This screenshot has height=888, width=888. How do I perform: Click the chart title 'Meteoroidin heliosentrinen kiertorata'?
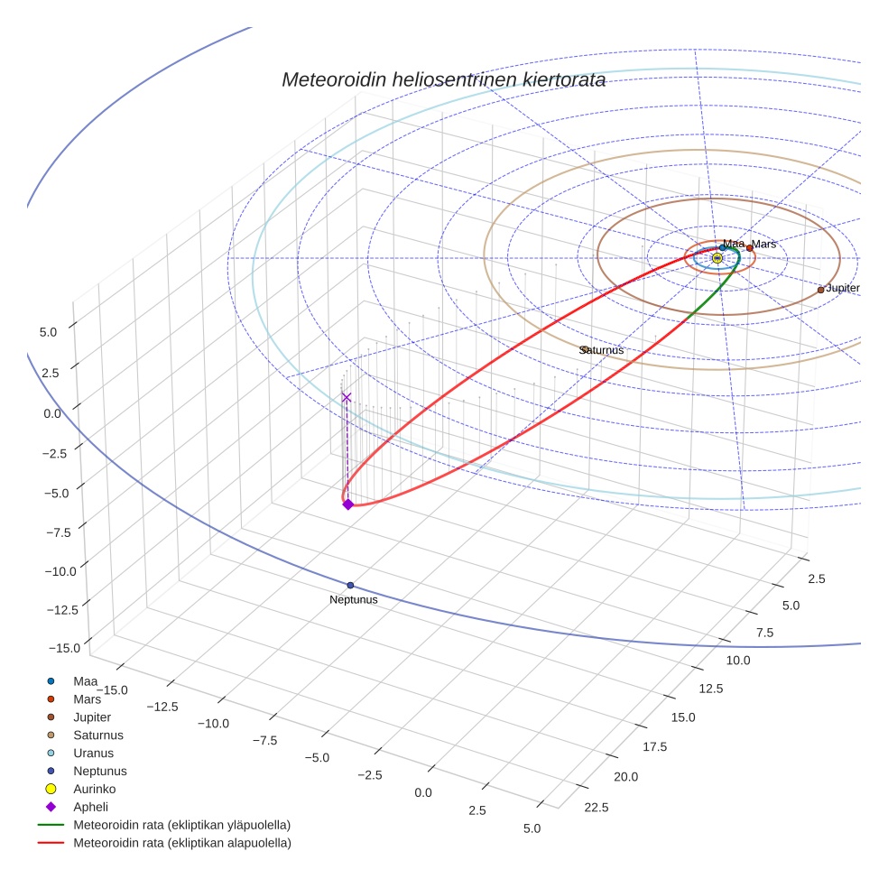point(443,79)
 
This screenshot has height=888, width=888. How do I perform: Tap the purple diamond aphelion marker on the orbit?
point(347,504)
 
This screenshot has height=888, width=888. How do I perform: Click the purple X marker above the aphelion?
point(346,397)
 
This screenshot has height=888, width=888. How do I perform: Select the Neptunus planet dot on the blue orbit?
point(350,586)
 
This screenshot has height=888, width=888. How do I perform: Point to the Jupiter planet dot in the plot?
point(820,290)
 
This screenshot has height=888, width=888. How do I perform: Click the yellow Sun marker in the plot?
point(717,258)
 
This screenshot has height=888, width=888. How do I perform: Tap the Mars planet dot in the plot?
point(750,248)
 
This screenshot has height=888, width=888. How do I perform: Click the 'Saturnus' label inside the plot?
point(602,350)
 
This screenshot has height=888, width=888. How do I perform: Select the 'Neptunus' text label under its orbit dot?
point(353,600)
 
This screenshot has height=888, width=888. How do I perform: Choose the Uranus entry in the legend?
point(93,753)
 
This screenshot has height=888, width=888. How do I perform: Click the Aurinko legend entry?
point(94,789)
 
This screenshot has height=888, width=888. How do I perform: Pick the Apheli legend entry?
point(90,807)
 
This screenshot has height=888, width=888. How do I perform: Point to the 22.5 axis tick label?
point(597,807)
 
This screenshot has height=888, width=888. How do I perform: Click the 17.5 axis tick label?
point(653,746)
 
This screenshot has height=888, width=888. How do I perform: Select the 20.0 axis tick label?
point(625,777)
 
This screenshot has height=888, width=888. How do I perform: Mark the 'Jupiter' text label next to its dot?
point(842,288)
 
